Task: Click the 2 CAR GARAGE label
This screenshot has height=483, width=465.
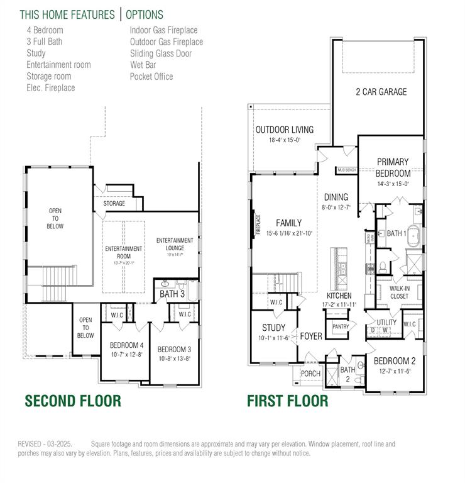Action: [381, 92]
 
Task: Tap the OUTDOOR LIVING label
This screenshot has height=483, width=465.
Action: [284, 130]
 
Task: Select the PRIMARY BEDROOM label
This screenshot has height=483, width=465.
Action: [393, 167]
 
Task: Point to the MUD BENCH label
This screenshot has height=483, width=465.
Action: [347, 170]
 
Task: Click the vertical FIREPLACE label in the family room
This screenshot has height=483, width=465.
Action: [258, 224]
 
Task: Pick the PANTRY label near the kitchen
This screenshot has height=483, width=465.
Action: [341, 326]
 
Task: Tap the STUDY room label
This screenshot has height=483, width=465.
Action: [273, 328]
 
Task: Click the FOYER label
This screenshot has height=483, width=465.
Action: [311, 336]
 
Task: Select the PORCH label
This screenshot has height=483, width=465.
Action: [310, 374]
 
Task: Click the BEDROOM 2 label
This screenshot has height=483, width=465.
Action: [395, 361]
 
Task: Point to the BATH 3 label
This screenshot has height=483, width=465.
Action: [172, 294]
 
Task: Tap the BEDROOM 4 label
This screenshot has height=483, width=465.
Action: [126, 345]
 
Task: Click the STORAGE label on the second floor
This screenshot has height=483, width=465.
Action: [114, 204]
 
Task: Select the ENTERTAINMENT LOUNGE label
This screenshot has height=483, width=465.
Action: [175, 244]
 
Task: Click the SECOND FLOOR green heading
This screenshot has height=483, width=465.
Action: [72, 400]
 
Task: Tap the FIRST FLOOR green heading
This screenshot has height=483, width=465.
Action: [287, 400]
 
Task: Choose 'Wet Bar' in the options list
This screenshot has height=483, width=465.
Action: [143, 65]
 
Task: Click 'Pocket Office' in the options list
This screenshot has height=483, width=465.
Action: [151, 77]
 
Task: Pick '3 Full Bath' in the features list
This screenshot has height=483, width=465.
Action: [44, 42]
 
